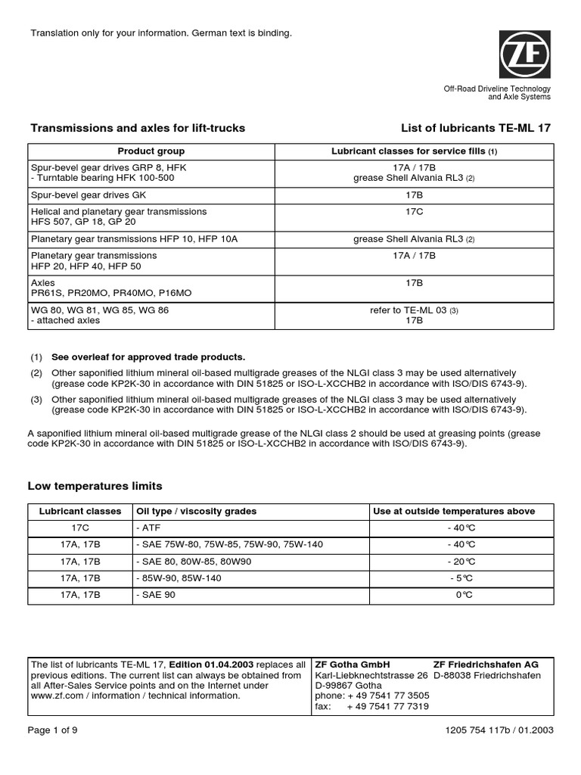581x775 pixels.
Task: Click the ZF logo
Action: [524, 54]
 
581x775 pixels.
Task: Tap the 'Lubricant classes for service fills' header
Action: [415, 151]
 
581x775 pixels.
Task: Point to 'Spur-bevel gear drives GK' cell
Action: [88, 195]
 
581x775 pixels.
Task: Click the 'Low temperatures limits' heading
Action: [95, 486]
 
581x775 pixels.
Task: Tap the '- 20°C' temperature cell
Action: [461, 562]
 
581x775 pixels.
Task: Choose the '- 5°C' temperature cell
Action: [461, 578]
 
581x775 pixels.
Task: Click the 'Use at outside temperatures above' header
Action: [454, 512]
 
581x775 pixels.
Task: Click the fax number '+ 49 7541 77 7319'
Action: [387, 706]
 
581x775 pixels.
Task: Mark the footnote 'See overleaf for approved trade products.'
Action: [148, 357]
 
